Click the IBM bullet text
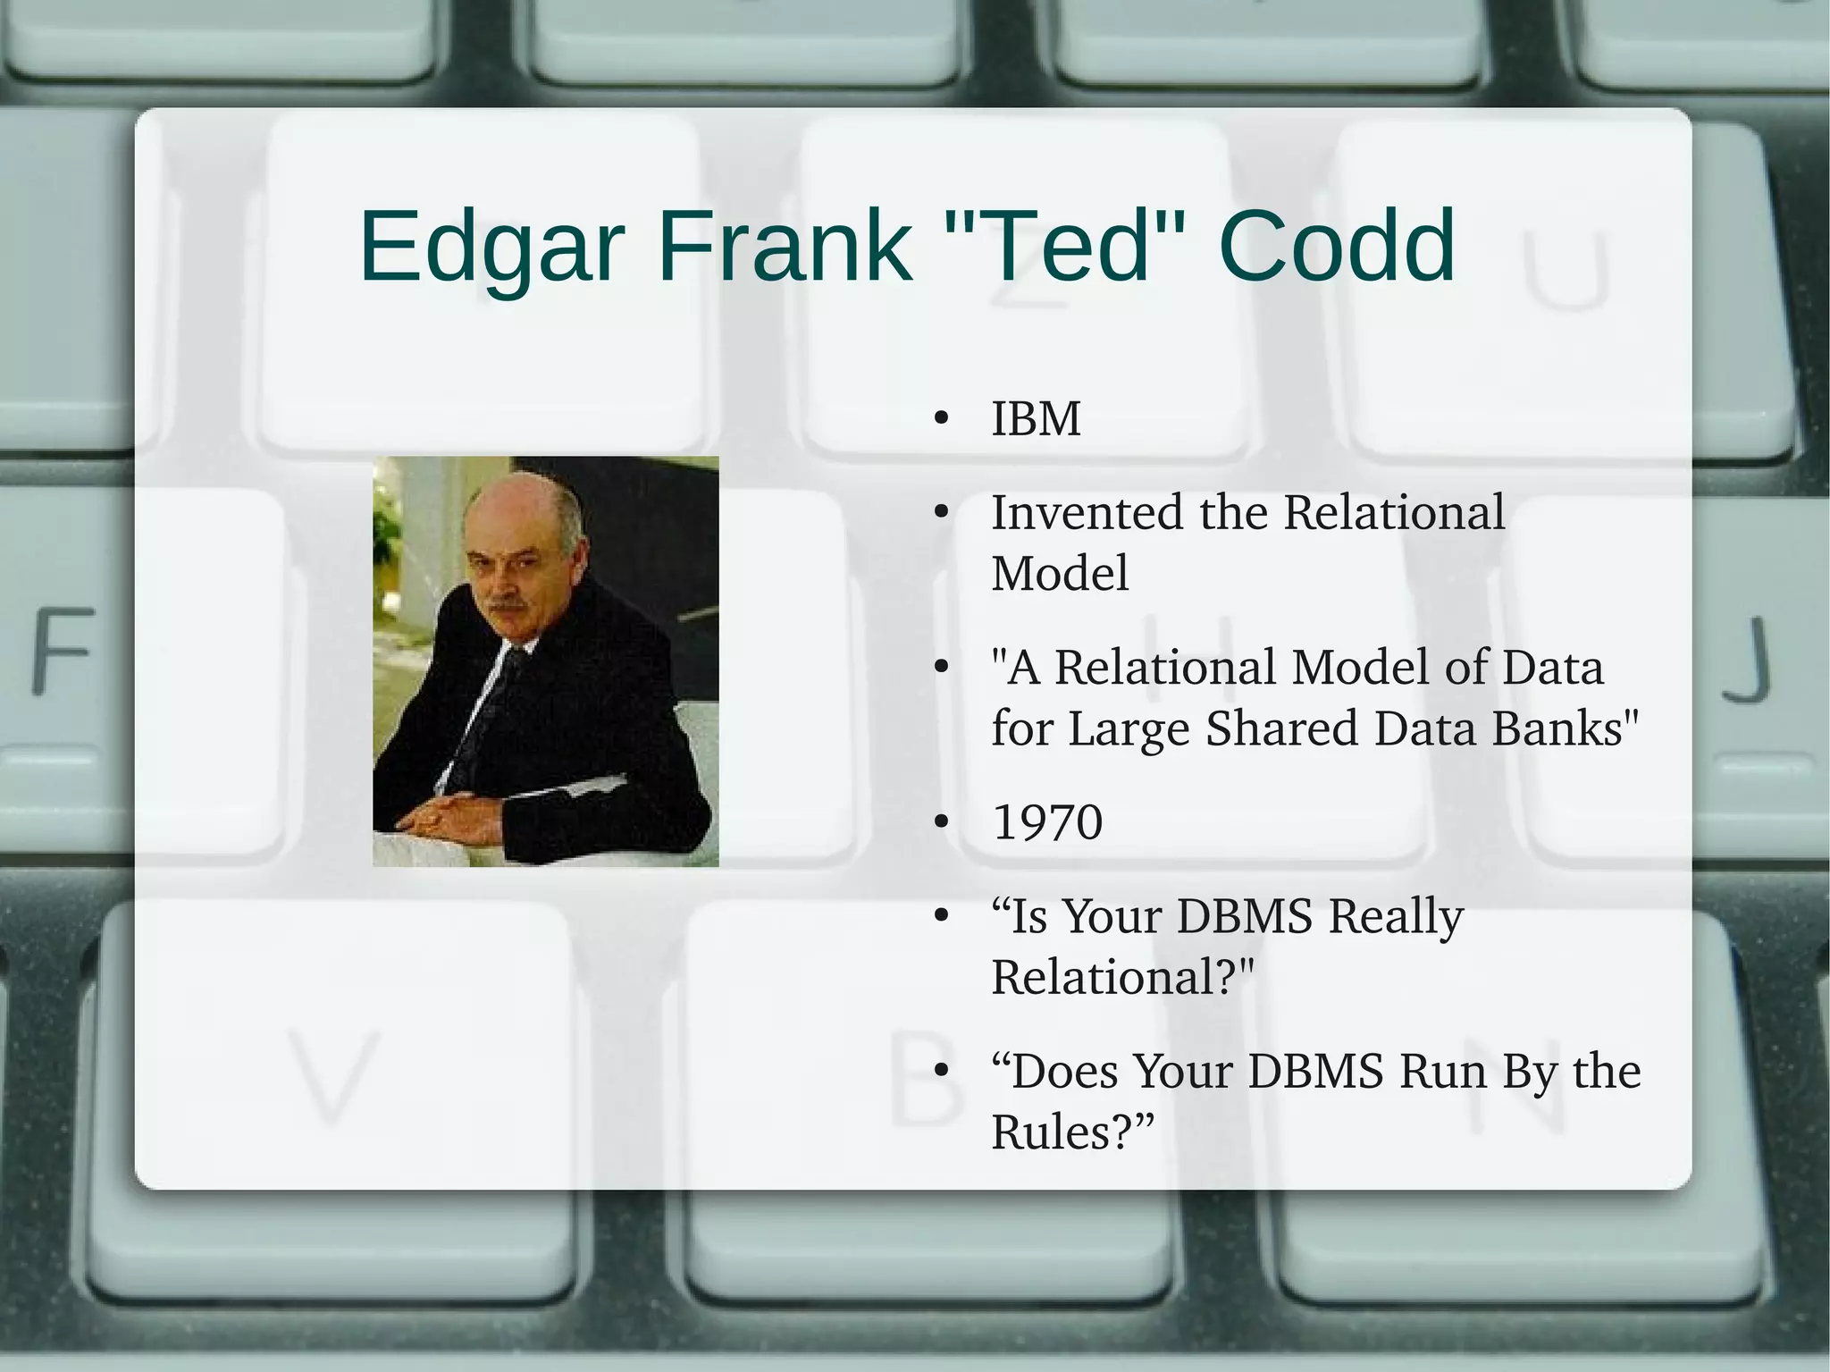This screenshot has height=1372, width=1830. tap(1036, 418)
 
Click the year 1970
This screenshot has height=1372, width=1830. tap(1047, 822)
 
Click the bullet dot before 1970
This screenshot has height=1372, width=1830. tap(940, 823)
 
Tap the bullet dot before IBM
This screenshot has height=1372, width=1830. tap(940, 419)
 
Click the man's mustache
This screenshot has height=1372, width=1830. tap(507, 610)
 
